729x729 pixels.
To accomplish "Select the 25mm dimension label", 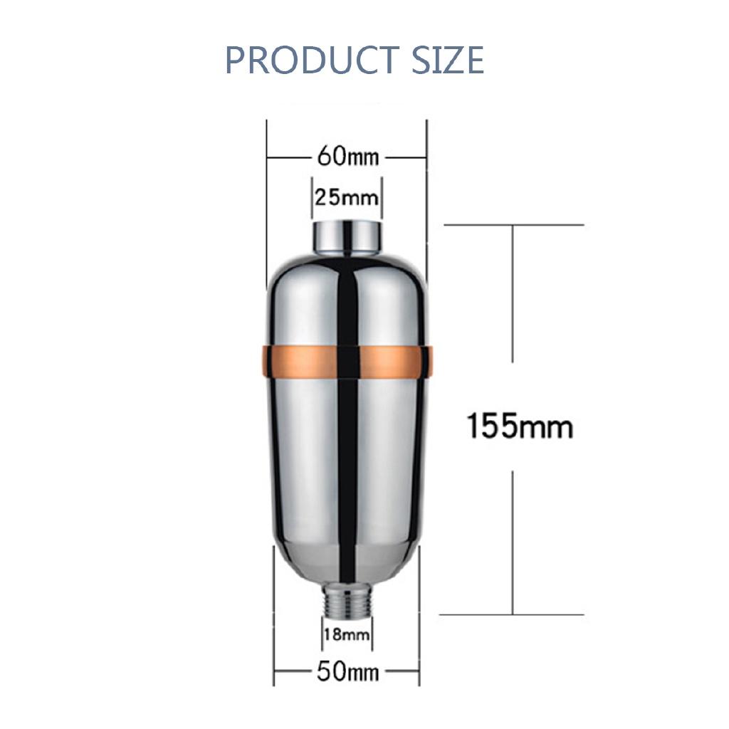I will coord(347,196).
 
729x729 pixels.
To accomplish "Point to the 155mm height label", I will coord(519,426).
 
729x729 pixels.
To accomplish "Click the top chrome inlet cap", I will coord(347,237).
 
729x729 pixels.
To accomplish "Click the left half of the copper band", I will coord(299,362).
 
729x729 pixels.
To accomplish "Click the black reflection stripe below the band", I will coord(347,463).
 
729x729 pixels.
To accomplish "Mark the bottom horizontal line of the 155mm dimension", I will coord(513,614).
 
